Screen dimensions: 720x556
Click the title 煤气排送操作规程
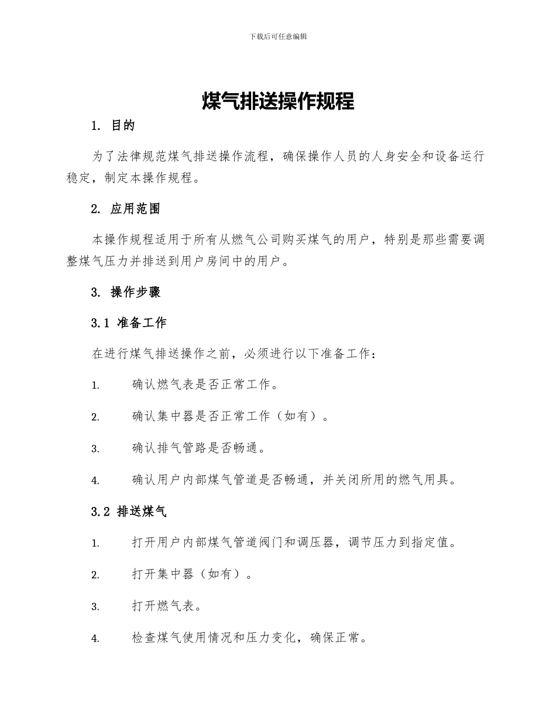tap(278, 101)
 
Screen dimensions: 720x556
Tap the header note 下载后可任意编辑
tap(278, 36)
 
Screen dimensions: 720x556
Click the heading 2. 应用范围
tap(126, 209)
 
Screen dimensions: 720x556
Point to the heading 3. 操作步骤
tap(126, 292)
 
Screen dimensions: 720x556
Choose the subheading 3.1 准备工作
tap(129, 323)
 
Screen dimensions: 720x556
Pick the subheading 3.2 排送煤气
tap(129, 512)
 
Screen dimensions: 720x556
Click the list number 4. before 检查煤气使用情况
tap(95, 639)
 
